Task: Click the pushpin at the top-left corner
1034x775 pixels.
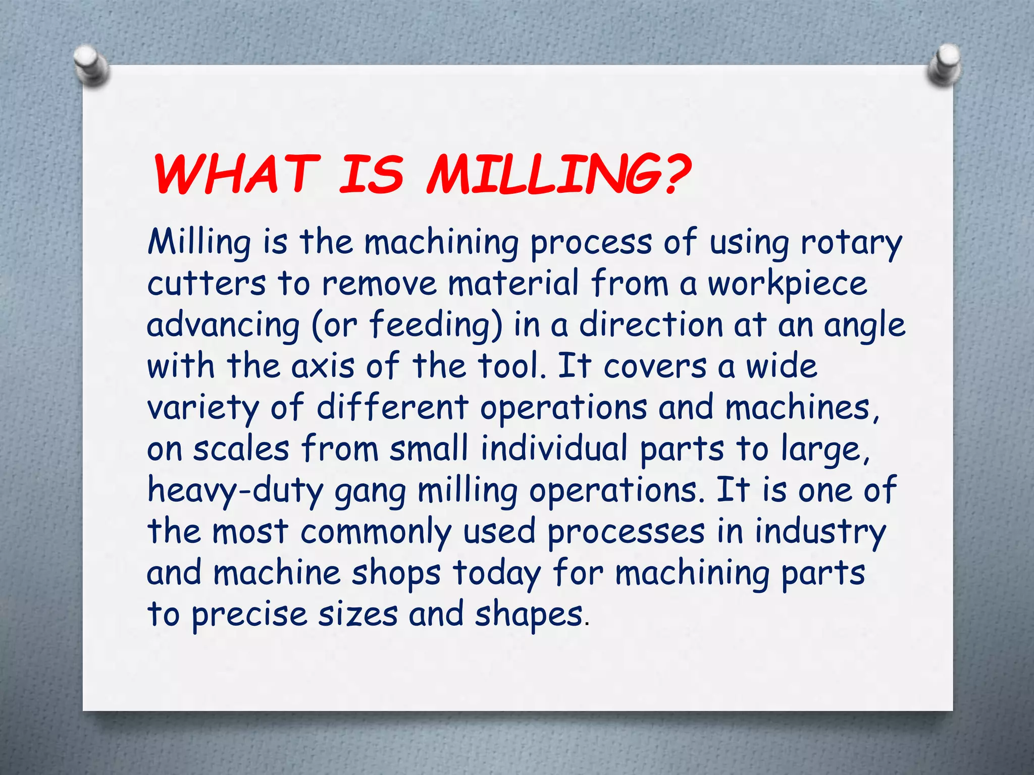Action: click(91, 66)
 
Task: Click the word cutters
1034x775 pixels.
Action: click(206, 284)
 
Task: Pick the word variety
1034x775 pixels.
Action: click(202, 408)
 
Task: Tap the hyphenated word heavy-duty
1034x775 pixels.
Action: click(235, 490)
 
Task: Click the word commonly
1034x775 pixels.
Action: click(376, 532)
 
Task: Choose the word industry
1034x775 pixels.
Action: click(820, 532)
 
